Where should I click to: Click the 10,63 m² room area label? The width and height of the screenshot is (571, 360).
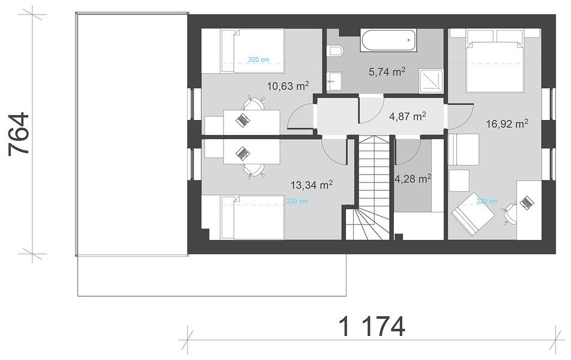[x=288, y=86]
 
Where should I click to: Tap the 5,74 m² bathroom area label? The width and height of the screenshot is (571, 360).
[x=387, y=72]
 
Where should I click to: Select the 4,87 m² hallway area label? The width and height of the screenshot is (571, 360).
[x=408, y=116]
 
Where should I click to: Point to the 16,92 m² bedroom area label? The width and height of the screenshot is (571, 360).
[x=507, y=124]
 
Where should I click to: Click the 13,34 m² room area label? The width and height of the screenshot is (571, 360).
[x=312, y=185]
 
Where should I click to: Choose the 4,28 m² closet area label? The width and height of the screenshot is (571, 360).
[x=413, y=179]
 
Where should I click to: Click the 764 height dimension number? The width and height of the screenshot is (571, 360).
[x=18, y=134]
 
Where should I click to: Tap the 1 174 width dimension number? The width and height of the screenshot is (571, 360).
[x=372, y=326]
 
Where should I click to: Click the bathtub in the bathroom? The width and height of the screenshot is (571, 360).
[x=388, y=40]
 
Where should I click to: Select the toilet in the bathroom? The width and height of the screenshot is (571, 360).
[x=334, y=51]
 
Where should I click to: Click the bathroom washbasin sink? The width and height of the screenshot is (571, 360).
[x=334, y=82]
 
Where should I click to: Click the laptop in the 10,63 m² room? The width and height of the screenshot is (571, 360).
[x=242, y=119]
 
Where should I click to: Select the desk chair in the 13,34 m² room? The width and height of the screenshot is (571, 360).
[x=253, y=170]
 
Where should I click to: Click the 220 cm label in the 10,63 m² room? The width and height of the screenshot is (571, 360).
[x=259, y=59]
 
